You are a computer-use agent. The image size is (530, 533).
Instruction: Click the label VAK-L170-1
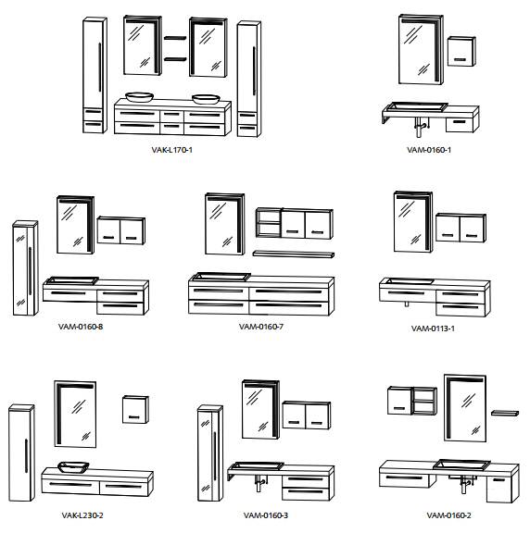click(x=172, y=150)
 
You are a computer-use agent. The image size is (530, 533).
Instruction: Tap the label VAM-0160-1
click(x=429, y=150)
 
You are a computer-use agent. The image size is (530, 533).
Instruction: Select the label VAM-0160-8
click(x=81, y=327)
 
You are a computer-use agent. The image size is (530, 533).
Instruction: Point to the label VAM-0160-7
click(x=261, y=327)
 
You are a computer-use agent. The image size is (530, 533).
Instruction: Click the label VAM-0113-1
click(x=433, y=328)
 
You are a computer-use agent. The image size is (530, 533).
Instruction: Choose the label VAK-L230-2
click(x=82, y=515)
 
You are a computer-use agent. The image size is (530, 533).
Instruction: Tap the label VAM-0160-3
click(x=266, y=515)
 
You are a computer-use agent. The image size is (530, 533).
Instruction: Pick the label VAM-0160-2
click(x=449, y=515)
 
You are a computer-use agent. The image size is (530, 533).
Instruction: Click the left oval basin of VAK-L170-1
click(x=140, y=97)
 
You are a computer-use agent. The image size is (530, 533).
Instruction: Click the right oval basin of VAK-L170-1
click(x=206, y=99)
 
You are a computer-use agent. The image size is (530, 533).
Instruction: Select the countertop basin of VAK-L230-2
click(x=73, y=467)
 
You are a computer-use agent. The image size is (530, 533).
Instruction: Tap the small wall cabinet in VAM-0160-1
click(x=461, y=51)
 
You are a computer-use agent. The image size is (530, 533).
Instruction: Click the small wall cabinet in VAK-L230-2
click(x=135, y=409)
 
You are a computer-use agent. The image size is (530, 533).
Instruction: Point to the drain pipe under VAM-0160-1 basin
click(x=420, y=127)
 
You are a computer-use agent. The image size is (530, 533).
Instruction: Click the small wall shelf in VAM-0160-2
click(x=505, y=413)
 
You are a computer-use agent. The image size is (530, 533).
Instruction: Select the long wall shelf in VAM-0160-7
click(x=294, y=254)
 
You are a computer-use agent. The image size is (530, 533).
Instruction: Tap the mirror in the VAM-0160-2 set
click(x=465, y=408)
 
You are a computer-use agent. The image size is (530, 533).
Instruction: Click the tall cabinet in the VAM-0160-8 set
click(x=26, y=268)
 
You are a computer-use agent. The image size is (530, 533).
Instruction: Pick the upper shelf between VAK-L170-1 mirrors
click(x=175, y=38)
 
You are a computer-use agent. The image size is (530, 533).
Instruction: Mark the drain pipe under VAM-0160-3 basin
click(x=260, y=483)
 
